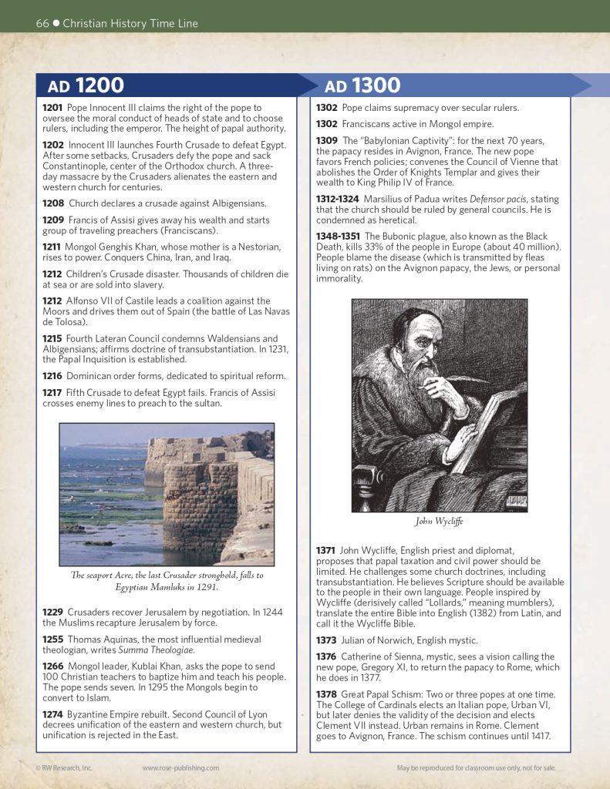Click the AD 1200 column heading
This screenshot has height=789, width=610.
point(86,86)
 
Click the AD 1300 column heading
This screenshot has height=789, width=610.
point(362,86)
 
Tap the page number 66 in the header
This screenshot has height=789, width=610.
point(42,23)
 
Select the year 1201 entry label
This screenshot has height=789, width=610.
point(52,108)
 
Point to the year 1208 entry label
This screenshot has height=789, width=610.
point(53,203)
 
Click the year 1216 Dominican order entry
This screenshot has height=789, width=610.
point(53,376)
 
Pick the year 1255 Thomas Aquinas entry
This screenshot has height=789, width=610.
point(53,640)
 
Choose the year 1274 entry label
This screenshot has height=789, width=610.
point(53,714)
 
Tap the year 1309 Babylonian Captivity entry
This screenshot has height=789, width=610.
point(327,141)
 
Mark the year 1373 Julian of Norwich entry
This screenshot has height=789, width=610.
point(327,640)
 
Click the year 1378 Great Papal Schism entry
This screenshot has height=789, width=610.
point(327,694)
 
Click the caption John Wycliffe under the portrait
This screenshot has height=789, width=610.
point(439,522)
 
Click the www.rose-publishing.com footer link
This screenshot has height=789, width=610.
point(180,767)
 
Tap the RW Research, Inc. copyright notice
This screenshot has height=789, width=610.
point(64,767)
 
